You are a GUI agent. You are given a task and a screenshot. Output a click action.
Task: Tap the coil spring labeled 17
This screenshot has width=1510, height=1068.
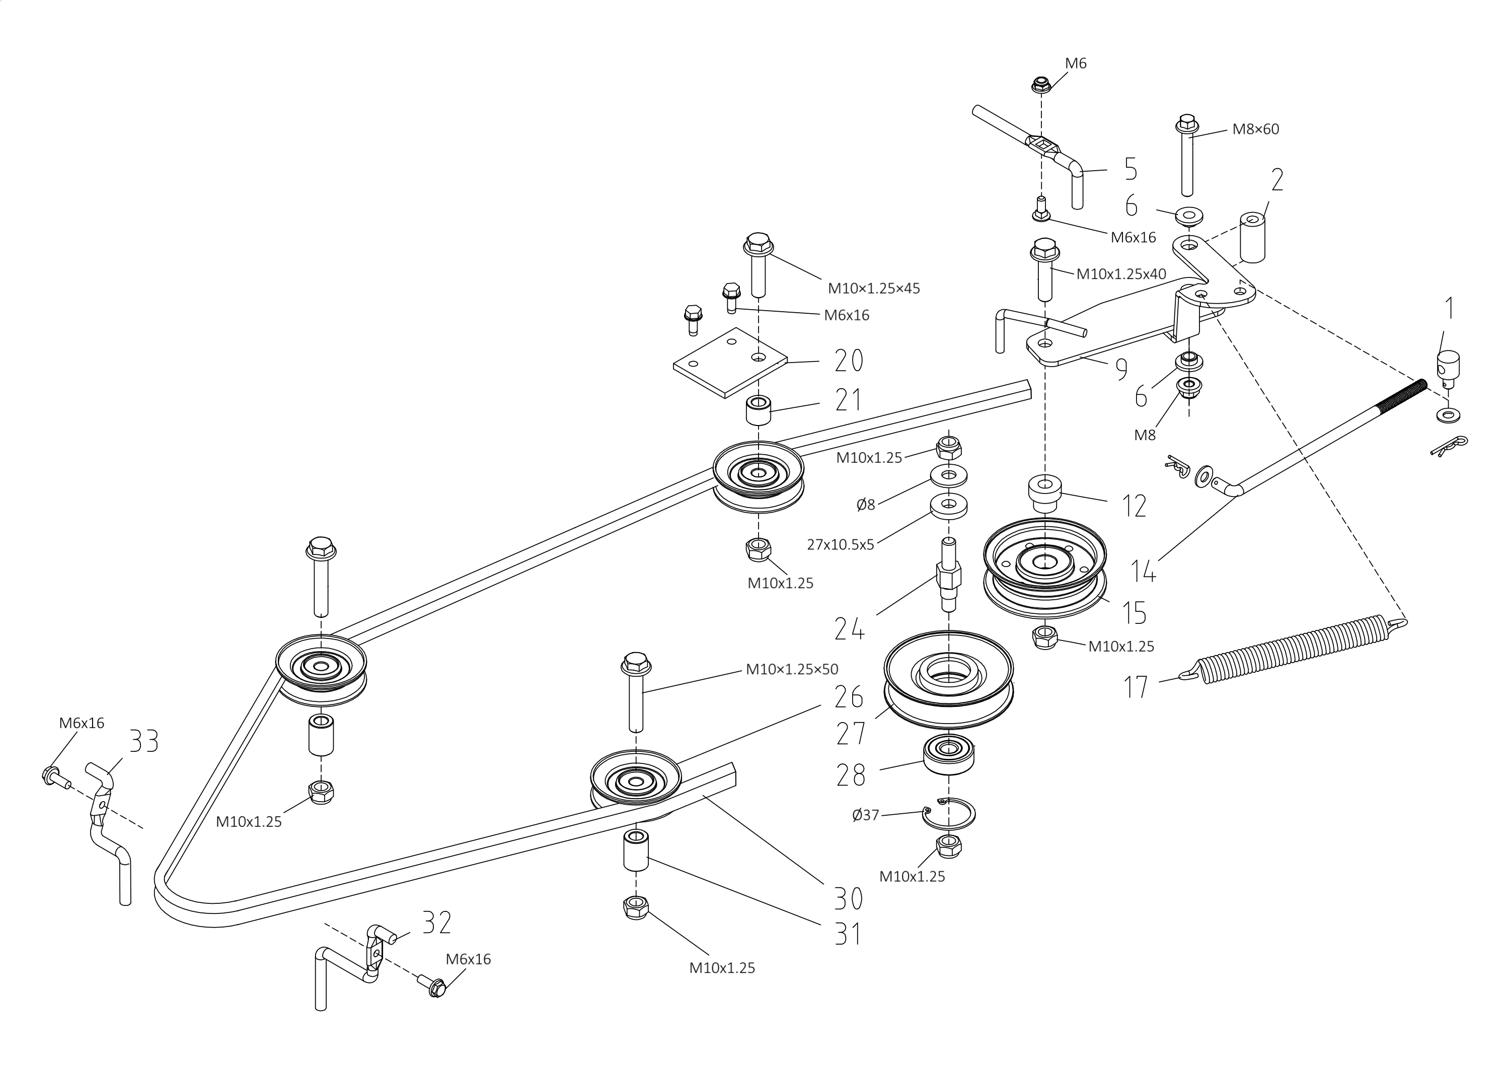pyautogui.click(x=1294, y=648)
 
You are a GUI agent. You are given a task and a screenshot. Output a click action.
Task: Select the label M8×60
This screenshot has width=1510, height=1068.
pyautogui.click(x=1255, y=129)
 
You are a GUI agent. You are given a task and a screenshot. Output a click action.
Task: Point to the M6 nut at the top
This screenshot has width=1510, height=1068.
pyautogui.click(x=1040, y=84)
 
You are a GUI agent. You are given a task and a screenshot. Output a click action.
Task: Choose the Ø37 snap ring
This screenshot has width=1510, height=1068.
pyautogui.click(x=949, y=815)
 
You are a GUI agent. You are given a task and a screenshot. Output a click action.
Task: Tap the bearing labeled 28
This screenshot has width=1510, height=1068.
pyautogui.click(x=949, y=755)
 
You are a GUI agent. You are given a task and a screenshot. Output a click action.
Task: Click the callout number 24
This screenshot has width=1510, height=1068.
pyautogui.click(x=849, y=628)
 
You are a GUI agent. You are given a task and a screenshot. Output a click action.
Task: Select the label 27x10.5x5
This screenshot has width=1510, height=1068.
pyautogui.click(x=841, y=545)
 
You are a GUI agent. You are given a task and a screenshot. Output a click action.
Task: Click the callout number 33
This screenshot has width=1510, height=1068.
pyautogui.click(x=143, y=741)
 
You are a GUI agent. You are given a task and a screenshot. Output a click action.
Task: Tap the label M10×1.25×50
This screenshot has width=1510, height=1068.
pyautogui.click(x=792, y=669)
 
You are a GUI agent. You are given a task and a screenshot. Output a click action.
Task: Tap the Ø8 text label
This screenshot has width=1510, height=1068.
pyautogui.click(x=866, y=505)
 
